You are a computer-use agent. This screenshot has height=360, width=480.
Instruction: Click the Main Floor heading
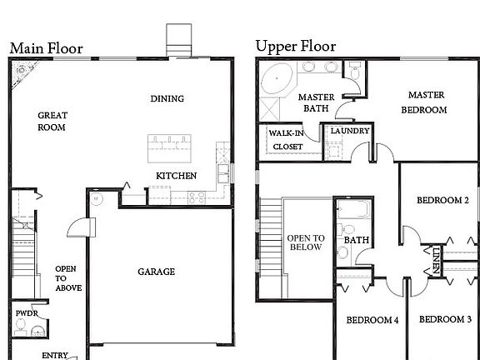(x=46, y=47)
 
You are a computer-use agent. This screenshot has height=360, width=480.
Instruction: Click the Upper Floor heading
(x=295, y=46)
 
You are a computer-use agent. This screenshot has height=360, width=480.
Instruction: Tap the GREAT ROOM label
(x=52, y=122)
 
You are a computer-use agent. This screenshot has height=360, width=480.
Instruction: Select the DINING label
(x=167, y=99)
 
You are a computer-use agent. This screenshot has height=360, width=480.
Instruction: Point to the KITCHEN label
(x=177, y=176)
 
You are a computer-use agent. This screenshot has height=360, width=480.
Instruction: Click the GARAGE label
(x=156, y=272)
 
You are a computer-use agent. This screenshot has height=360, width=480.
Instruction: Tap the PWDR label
(x=27, y=314)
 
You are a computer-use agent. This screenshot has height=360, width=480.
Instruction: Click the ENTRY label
(x=55, y=355)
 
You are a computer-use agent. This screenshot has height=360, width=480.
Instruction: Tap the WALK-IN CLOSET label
(x=288, y=139)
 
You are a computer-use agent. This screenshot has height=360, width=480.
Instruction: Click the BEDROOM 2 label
(x=442, y=201)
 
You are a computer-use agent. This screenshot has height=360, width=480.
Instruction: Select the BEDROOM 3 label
(x=445, y=320)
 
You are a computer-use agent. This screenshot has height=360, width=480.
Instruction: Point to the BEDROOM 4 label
(x=372, y=320)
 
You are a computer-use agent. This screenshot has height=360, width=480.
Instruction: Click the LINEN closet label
(x=436, y=260)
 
